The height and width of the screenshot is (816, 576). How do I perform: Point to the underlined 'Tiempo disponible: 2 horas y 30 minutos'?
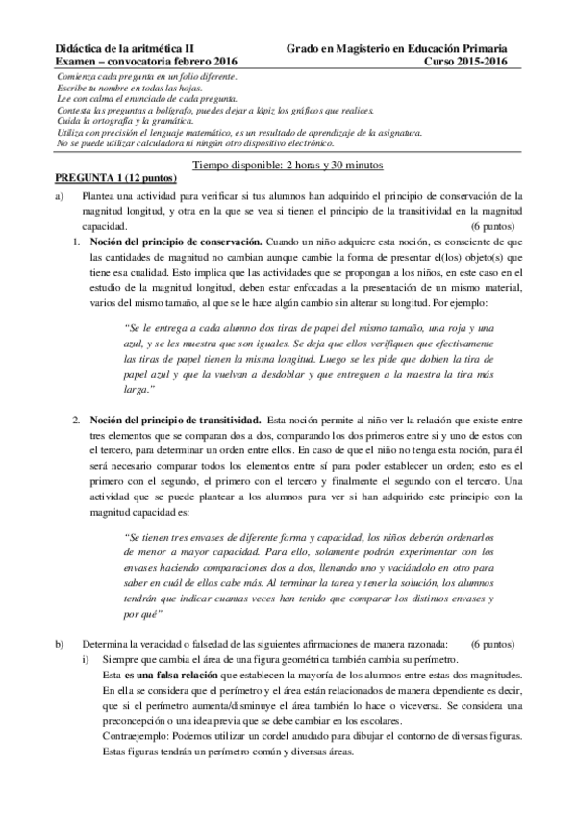point(288,165)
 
